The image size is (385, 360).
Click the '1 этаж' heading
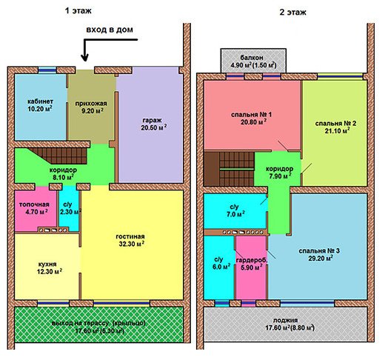point(78,11)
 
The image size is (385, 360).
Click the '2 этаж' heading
point(292,13)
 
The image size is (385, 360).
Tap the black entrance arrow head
point(85,58)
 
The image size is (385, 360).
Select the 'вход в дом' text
point(110,30)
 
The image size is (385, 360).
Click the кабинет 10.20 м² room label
point(40,105)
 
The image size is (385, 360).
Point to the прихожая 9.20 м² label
point(91,107)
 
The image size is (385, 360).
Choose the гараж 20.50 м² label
point(153,124)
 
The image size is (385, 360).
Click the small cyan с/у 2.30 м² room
point(69,209)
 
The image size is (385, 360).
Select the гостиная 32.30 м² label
point(130,240)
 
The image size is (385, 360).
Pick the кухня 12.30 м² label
point(49,267)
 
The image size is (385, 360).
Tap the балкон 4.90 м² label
point(253,61)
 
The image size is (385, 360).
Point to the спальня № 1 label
point(252,119)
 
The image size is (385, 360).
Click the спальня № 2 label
point(335,127)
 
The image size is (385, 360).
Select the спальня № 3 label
point(319,255)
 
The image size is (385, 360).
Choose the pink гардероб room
point(251,267)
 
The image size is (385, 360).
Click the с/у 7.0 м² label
point(235,210)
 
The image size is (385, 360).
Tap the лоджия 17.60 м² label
point(289,324)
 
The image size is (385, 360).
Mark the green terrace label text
point(98,327)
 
